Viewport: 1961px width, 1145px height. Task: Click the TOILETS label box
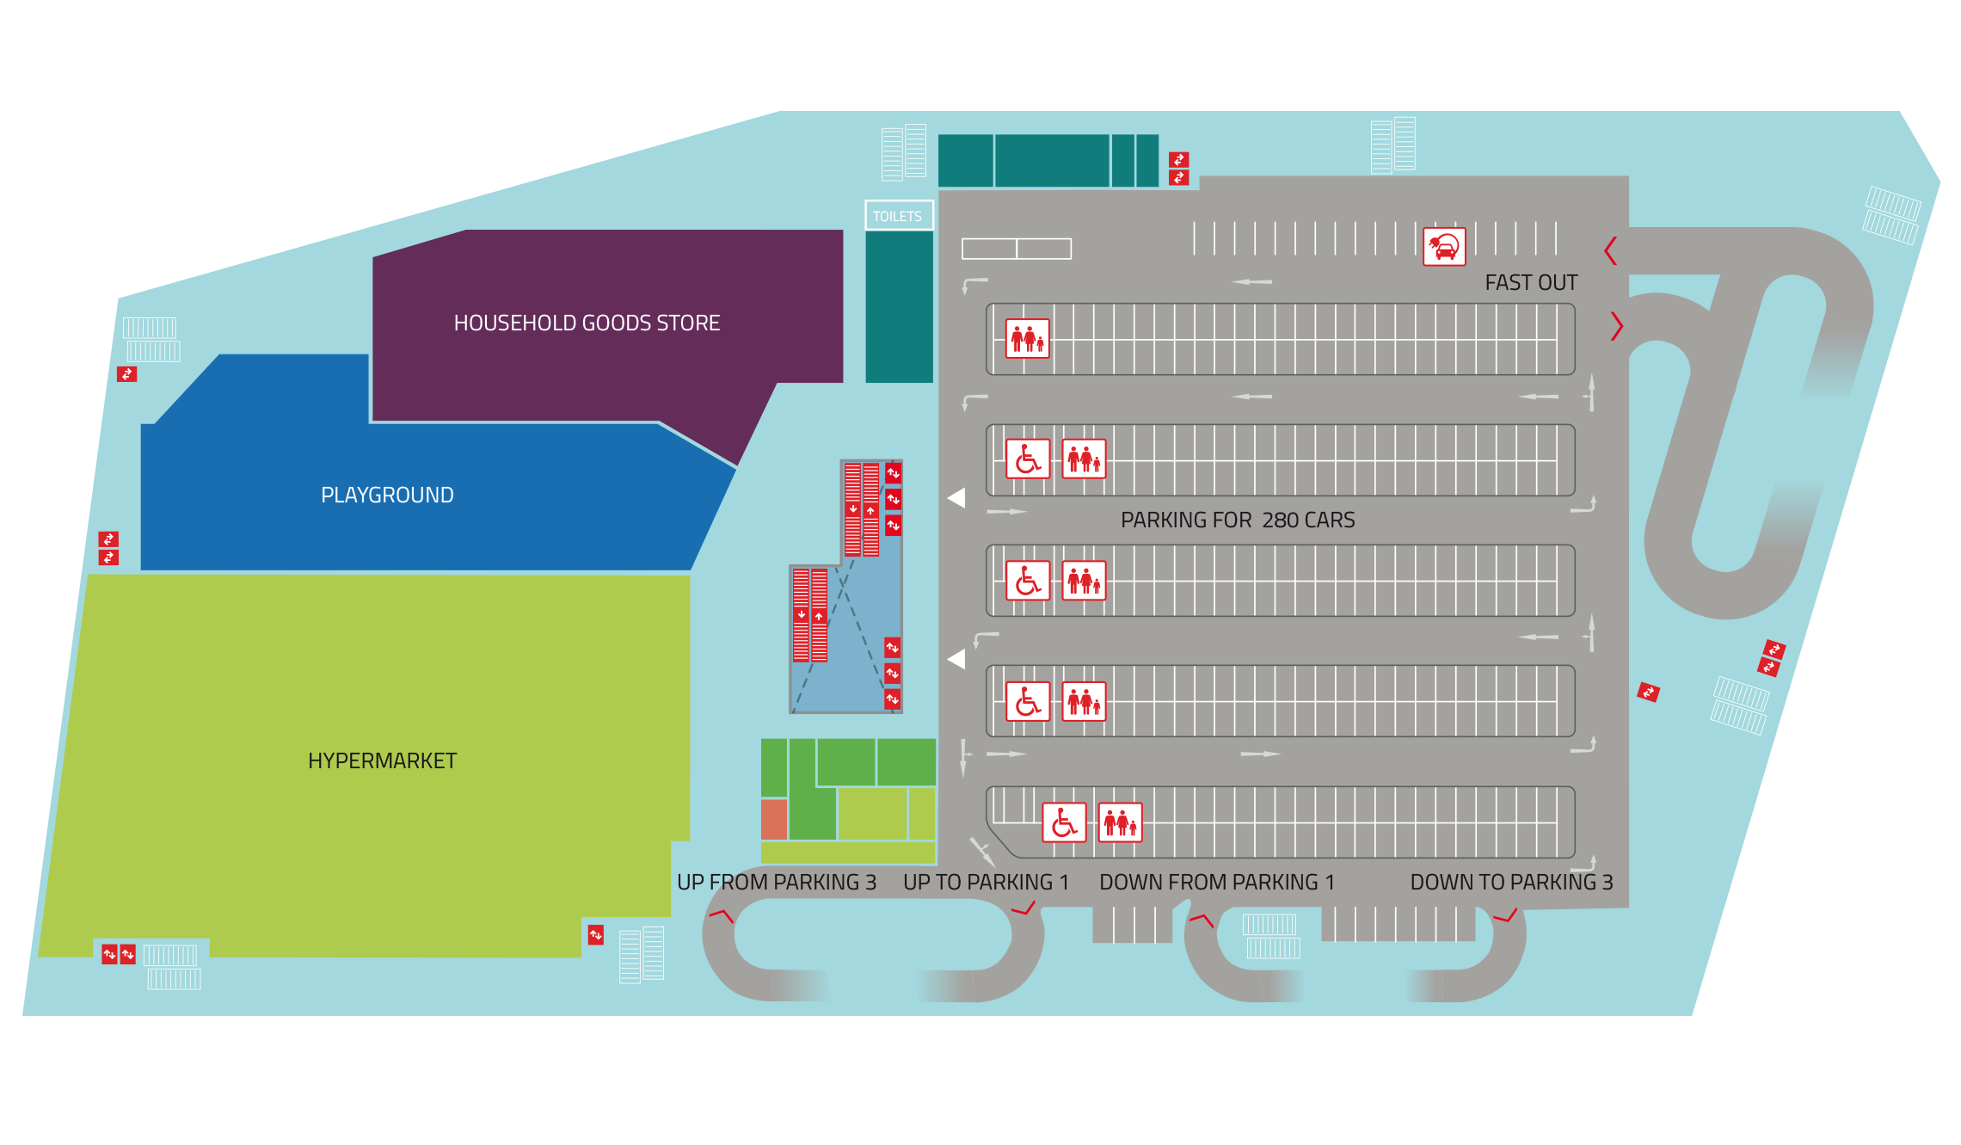[x=899, y=215]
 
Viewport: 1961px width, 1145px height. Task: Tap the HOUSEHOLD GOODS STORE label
[x=587, y=323]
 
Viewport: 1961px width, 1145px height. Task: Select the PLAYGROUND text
[x=387, y=495]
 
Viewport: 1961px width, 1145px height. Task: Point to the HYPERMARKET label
[x=382, y=760]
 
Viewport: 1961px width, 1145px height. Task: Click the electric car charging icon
[x=1444, y=247]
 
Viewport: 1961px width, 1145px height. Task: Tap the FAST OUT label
[x=1531, y=282]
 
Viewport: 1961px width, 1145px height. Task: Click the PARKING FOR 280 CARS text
[x=1238, y=520]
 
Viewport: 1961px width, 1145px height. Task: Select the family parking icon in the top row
[x=1028, y=338]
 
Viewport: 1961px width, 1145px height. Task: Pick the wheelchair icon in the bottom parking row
[x=1064, y=822]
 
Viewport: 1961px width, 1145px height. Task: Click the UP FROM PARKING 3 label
[x=777, y=882]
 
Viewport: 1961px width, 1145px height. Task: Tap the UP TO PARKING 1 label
[x=986, y=882]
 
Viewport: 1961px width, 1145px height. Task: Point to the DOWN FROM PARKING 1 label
[x=1217, y=882]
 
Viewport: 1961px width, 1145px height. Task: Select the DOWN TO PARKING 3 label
[x=1511, y=882]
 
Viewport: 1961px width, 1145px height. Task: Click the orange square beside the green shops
[x=774, y=819]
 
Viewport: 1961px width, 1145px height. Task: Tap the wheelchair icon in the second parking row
[x=1028, y=459]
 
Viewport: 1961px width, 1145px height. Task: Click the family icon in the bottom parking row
[x=1120, y=822]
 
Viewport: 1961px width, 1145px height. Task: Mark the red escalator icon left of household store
[x=126, y=374]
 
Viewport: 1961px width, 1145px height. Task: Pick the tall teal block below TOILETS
[x=899, y=307]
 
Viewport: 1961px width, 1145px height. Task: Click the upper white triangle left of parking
[x=956, y=498]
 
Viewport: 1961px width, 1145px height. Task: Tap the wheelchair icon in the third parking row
[x=1028, y=580]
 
